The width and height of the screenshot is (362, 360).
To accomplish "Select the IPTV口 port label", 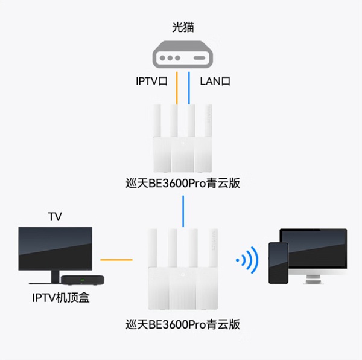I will pyautogui.click(x=151, y=80).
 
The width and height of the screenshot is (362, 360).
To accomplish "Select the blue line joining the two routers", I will pyautogui.click(x=183, y=211).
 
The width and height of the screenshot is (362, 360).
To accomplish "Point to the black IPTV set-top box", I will pyautogui.click(x=83, y=279).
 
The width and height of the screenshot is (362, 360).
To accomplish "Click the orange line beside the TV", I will pyautogui.click(x=116, y=260).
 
